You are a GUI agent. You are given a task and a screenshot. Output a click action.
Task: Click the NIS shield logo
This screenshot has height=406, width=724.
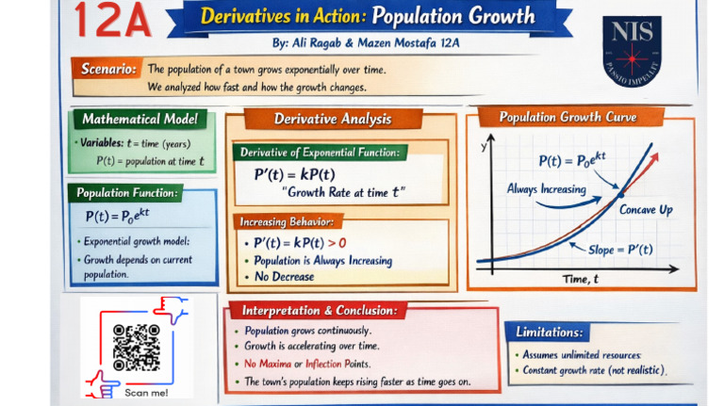[632, 51]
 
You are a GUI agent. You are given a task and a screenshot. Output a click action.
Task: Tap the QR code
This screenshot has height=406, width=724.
[137, 348]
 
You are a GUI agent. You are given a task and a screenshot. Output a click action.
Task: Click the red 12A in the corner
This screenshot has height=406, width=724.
[113, 20]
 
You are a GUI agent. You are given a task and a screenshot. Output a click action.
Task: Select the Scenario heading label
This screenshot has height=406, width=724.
[108, 69]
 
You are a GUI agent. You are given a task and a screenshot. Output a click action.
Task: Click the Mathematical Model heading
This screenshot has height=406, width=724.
[140, 119]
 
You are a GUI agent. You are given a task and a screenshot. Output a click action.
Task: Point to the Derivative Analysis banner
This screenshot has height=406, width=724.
[333, 119]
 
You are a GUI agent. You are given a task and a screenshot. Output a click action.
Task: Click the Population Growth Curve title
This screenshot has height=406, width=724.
[568, 117]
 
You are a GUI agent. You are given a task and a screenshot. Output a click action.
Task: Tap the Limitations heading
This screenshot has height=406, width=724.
[549, 332]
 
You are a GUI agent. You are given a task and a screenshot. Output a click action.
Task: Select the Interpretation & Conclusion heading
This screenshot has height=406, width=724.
[320, 310]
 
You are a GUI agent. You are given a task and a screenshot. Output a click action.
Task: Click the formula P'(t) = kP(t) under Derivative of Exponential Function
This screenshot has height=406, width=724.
[294, 174]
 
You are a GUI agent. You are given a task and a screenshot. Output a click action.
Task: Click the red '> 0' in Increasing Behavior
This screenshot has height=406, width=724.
[337, 243]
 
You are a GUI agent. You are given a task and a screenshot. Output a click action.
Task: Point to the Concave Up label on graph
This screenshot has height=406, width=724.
[646, 210]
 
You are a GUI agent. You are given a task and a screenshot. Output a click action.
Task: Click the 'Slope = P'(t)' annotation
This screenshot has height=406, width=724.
[620, 250]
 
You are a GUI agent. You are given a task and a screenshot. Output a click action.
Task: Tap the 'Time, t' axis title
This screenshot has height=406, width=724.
[580, 279]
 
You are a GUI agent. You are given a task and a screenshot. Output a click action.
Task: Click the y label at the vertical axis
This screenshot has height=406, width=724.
[484, 147]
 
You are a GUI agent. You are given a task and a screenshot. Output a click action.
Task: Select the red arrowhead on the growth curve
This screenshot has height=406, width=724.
[653, 158]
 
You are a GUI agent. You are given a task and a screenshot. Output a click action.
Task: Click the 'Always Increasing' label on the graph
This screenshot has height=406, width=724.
[546, 188]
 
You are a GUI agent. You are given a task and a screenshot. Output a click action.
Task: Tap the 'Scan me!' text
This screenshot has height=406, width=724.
[146, 393]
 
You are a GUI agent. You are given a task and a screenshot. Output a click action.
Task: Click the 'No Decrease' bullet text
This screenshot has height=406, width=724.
[285, 276]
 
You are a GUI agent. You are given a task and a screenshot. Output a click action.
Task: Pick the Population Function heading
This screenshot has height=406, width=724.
[127, 193]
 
